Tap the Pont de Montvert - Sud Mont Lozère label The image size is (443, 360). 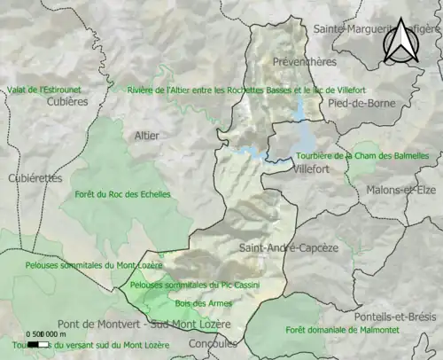[x=144, y=325]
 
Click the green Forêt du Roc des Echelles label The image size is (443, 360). [x=123, y=194]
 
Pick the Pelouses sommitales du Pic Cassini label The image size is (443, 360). [x=187, y=285]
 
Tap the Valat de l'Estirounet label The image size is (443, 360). [x=42, y=90]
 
